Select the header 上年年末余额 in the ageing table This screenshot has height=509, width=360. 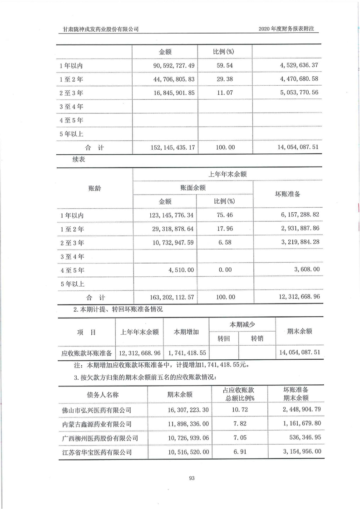click(x=227, y=174)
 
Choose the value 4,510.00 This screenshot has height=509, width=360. click(x=182, y=269)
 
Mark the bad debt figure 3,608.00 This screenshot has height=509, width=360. click(x=305, y=269)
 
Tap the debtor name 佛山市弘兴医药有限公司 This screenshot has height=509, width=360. click(x=96, y=410)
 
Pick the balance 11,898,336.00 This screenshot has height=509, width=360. click(x=184, y=424)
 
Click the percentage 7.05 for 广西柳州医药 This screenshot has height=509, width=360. click(x=239, y=438)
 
